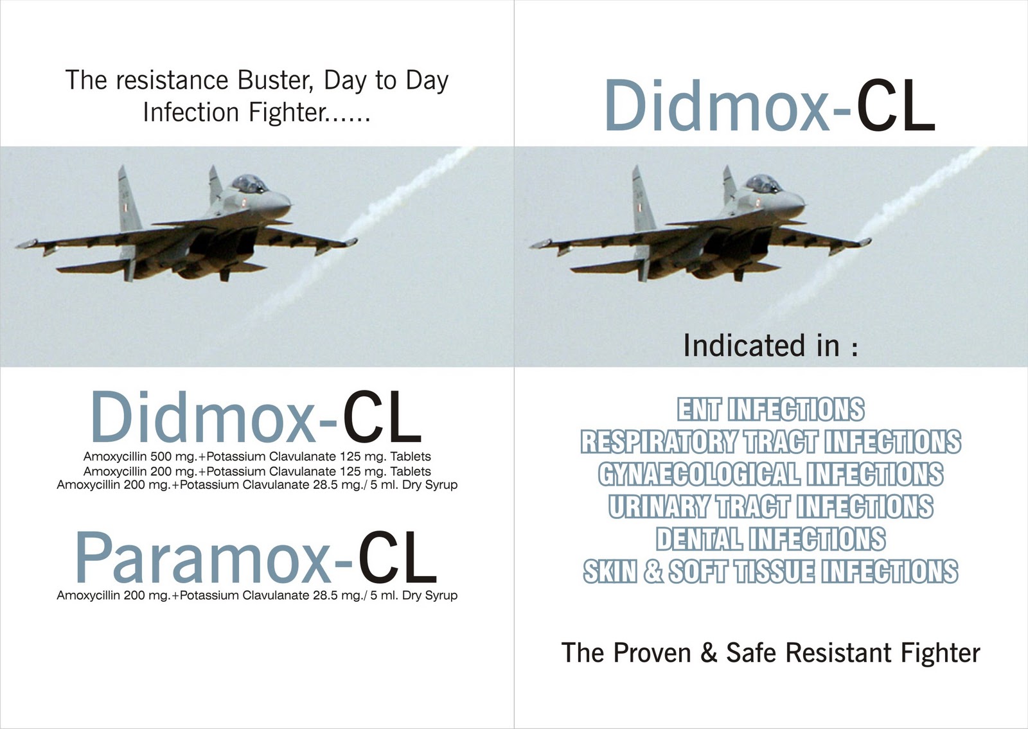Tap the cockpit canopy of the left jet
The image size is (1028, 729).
(x=249, y=184)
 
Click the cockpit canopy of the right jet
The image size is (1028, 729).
(x=763, y=184)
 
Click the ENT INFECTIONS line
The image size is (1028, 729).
(x=771, y=410)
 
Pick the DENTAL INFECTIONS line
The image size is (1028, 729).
(x=771, y=539)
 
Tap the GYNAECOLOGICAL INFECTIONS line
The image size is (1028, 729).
(x=771, y=474)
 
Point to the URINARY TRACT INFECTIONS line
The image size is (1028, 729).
(x=771, y=507)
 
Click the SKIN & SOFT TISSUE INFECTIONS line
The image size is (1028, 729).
(x=771, y=572)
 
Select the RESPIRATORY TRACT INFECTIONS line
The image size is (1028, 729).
(x=771, y=442)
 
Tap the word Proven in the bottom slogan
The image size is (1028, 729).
(x=651, y=653)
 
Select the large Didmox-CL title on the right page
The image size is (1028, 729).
(x=770, y=105)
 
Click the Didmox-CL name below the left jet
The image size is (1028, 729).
(x=256, y=417)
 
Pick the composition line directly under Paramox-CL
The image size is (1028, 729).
(x=257, y=595)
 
